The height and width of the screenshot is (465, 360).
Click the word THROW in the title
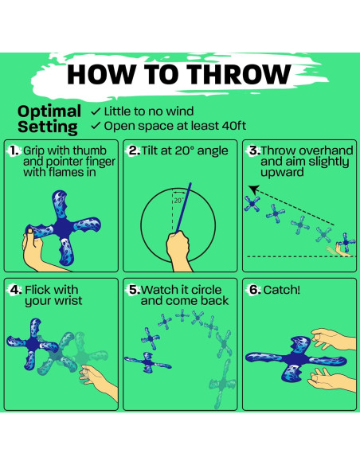click(239, 74)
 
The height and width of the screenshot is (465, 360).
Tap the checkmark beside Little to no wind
click(96, 111)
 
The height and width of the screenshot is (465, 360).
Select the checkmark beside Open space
click(96, 126)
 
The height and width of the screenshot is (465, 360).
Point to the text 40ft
click(233, 126)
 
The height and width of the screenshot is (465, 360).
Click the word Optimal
click(49, 111)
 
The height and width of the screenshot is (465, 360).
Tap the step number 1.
click(14, 150)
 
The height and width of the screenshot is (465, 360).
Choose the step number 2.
click(135, 150)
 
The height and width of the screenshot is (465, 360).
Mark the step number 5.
click(135, 290)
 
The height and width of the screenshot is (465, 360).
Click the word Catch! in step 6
click(282, 290)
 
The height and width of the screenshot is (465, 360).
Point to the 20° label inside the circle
click(179, 201)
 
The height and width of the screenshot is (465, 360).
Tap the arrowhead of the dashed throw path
click(253, 189)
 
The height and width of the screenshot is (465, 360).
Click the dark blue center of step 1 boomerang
click(63, 227)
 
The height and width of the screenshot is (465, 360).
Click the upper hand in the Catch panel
click(334, 339)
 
